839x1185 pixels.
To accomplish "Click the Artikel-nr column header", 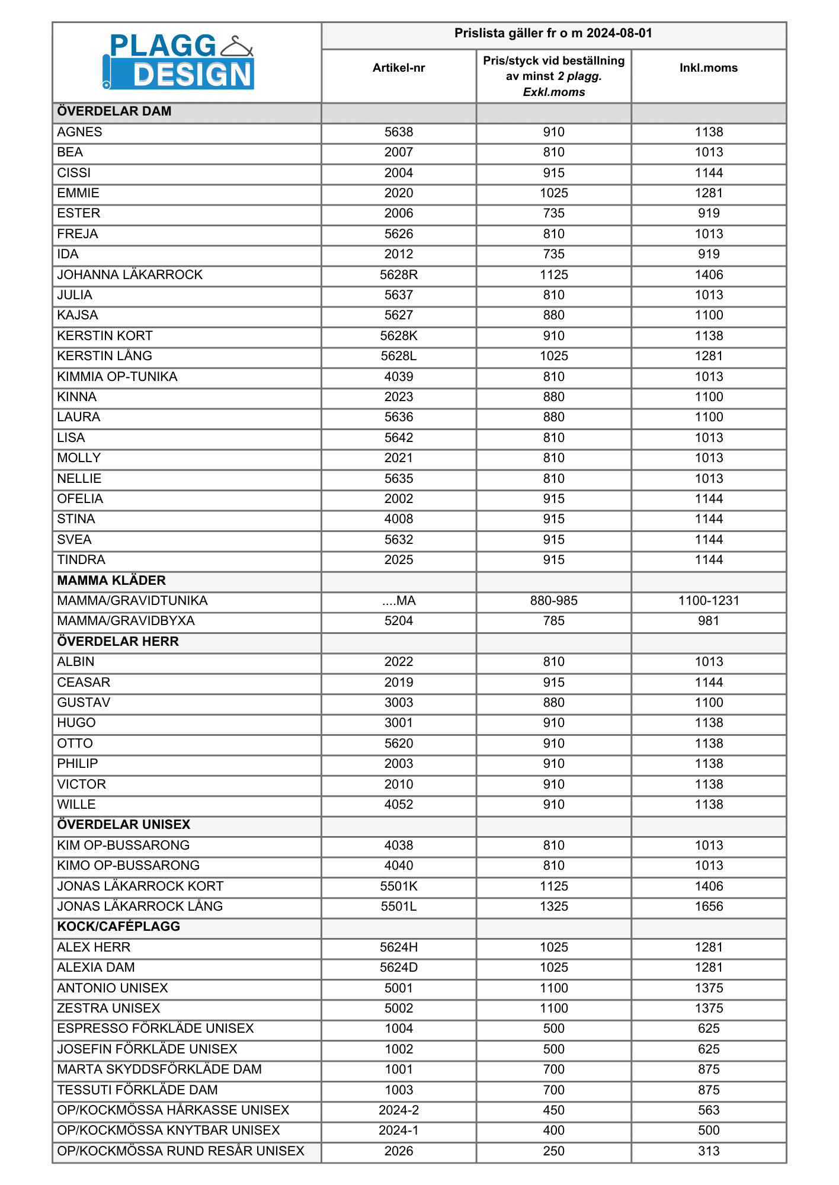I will click(x=399, y=68).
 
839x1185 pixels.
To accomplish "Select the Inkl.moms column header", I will click(x=709, y=68).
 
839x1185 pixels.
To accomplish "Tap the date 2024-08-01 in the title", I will click(x=619, y=34).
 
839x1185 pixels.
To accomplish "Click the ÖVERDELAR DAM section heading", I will click(x=114, y=111).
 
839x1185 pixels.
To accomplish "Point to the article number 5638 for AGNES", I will click(x=399, y=132).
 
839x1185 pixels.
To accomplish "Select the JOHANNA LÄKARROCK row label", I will click(x=130, y=275).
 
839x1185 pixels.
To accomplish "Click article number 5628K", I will click(x=399, y=336).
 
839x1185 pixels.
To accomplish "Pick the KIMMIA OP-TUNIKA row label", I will click(x=117, y=377).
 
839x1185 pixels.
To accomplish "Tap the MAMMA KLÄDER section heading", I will click(x=111, y=581).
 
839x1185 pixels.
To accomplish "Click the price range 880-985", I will click(x=554, y=601).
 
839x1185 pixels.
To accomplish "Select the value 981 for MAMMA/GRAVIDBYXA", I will click(x=709, y=621).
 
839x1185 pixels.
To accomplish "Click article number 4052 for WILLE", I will click(x=399, y=805).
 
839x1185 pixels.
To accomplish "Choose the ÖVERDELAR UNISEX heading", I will click(x=124, y=825).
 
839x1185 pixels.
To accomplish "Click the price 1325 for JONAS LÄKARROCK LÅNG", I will click(x=554, y=907).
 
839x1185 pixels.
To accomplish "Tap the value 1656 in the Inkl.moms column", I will click(x=709, y=907).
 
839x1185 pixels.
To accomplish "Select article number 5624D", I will click(x=399, y=968).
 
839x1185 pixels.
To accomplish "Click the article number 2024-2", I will click(x=399, y=1110).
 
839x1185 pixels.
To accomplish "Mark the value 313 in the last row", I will click(x=709, y=1151).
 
